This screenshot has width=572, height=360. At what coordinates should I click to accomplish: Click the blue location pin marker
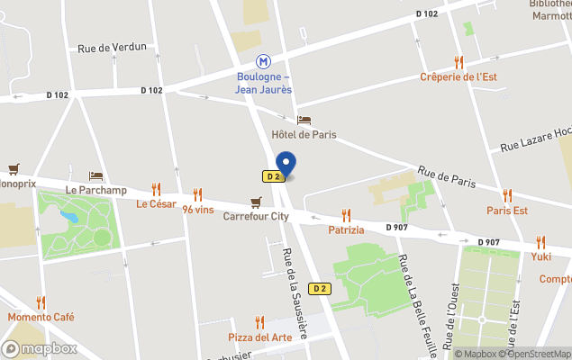[286, 164]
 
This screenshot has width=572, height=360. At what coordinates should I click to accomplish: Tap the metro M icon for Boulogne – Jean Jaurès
[263, 61]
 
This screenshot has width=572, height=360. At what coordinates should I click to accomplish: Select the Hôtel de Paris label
[304, 135]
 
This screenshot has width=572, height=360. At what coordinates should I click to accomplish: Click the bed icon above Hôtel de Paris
[304, 120]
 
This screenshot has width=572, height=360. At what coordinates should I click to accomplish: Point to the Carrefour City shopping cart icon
[257, 202]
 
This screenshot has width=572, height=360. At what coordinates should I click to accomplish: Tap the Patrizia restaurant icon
[346, 215]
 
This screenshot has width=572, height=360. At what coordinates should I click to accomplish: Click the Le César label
[156, 204]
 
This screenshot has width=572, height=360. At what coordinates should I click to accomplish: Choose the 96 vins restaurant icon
[198, 194]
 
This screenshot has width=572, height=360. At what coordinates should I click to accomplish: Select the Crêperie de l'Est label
[459, 77]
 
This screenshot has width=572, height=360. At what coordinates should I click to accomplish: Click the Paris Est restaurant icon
[507, 195]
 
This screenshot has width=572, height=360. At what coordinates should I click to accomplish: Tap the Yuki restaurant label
[540, 256]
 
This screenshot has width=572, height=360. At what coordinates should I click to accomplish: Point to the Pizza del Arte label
[259, 337]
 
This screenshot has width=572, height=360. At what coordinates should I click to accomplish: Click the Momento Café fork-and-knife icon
[41, 302]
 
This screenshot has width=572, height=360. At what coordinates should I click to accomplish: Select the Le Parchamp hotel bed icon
[95, 175]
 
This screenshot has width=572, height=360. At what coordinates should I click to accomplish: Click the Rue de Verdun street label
[112, 48]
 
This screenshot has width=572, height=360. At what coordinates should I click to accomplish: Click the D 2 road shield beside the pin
[273, 176]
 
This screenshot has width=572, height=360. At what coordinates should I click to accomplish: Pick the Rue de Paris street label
[447, 178]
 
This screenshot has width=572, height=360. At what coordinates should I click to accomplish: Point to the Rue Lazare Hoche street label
[536, 139]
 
